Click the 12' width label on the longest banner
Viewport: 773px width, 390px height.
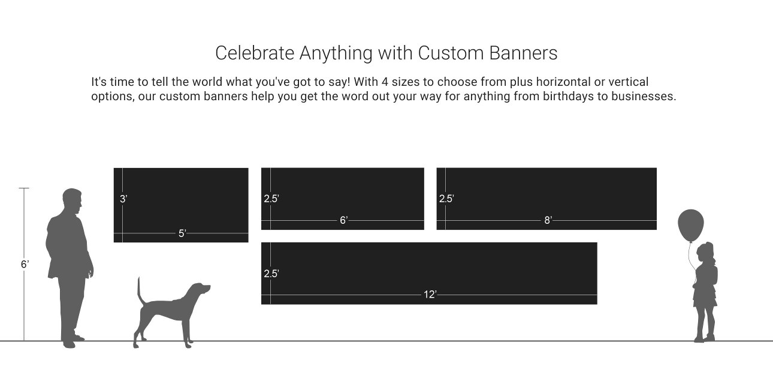coord(430,295)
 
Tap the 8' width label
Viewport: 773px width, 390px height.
coord(548,220)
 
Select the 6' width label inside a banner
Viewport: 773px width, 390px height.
coord(344,220)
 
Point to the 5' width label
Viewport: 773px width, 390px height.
coord(182,233)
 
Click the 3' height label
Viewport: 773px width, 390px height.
coord(123,199)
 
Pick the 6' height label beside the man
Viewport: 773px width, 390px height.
coord(25,264)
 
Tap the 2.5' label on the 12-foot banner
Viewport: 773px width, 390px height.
coord(271,274)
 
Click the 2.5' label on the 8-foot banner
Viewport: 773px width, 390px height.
coord(446,199)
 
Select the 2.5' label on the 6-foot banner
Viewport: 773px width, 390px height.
coord(271,199)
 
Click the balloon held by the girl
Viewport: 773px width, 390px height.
coord(690,225)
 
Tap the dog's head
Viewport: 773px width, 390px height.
coord(200,289)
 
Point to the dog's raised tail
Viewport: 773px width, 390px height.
coord(140,291)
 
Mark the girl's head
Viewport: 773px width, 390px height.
coord(705,253)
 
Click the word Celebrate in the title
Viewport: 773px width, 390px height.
coord(255,53)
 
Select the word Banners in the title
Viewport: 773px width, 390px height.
coord(523,53)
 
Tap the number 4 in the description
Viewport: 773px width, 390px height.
coord(385,82)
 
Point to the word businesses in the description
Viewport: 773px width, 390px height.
coord(644,96)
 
